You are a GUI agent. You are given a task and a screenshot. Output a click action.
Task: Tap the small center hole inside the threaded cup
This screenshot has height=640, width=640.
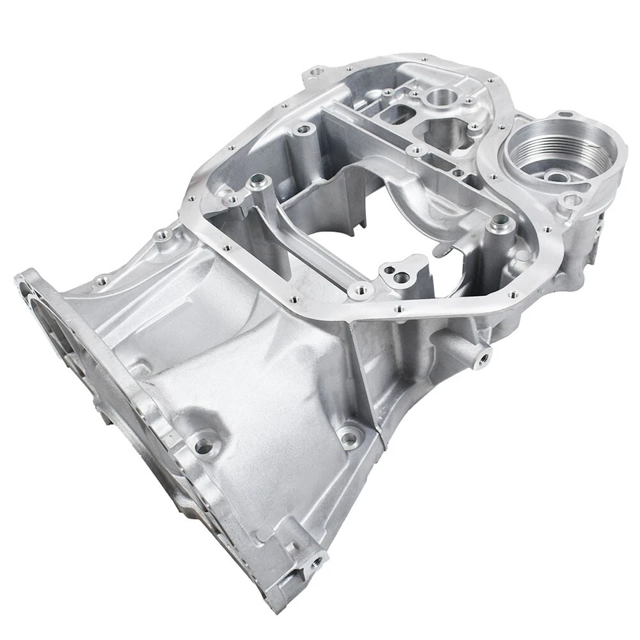coord(557,177)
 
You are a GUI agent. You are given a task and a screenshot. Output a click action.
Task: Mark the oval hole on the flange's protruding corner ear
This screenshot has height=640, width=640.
coord(317,69)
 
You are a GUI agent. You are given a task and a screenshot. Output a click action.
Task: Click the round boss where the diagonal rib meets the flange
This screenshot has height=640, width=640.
coord(361,291)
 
